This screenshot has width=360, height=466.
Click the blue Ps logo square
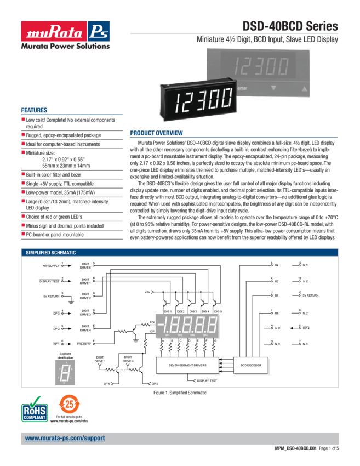100,30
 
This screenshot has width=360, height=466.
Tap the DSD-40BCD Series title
290,27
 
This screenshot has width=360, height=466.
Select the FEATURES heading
34,110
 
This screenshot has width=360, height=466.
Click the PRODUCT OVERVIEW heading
156,133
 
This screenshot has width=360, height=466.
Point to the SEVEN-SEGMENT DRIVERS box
187,365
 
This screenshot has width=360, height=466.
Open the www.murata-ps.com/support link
65,439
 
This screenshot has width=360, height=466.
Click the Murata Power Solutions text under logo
65,46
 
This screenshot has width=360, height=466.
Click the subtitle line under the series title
267,39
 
